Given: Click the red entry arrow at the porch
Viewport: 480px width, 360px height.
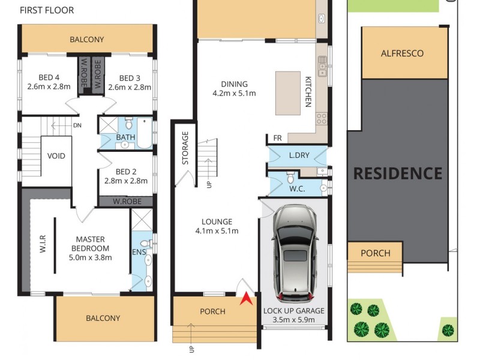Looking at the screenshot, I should (245, 298).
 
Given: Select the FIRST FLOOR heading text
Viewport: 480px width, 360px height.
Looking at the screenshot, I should (47, 10).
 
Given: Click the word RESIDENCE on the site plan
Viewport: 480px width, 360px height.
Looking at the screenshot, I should (397, 173).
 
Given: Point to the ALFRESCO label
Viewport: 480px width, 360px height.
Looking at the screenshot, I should (402, 53).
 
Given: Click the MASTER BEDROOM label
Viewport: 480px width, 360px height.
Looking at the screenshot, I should (91, 244).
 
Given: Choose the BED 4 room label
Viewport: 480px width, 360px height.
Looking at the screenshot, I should (49, 78).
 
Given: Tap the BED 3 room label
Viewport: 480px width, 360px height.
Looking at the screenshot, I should (130, 78).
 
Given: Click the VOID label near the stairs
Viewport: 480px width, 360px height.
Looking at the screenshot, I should (56, 156).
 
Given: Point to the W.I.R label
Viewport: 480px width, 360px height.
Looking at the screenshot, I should (43, 247).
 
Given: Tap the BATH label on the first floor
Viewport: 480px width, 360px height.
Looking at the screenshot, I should (126, 137).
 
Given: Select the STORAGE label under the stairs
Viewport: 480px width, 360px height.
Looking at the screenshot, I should (185, 148).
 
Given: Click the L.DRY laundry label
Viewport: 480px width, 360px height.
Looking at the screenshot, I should (298, 155).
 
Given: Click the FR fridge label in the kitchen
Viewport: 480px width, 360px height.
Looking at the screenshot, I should (277, 139).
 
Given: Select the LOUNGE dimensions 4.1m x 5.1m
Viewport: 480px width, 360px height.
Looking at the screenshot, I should (217, 231).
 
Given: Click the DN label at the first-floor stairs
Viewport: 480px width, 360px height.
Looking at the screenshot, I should (77, 125).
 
